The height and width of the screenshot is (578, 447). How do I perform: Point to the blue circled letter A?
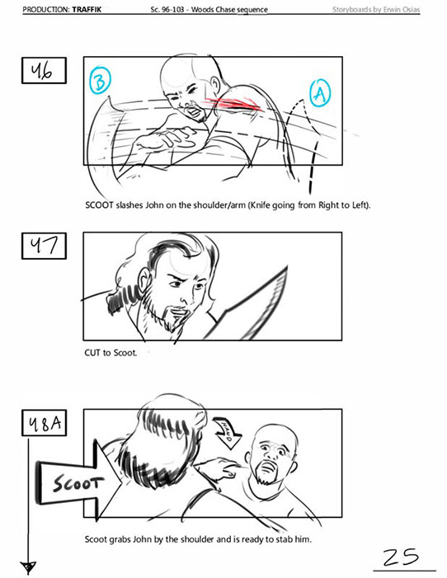pyautogui.click(x=320, y=93)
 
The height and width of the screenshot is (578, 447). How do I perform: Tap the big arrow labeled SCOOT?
pyautogui.click(x=79, y=482)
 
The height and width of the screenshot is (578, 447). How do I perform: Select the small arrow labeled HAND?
pyautogui.click(x=227, y=432)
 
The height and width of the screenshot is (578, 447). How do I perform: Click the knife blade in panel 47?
pyautogui.click(x=249, y=306)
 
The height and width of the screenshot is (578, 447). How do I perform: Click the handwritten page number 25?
pyautogui.click(x=401, y=557)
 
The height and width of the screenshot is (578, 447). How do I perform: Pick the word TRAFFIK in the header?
pyautogui.click(x=87, y=10)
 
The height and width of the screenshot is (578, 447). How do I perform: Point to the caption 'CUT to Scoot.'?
pyautogui.click(x=111, y=353)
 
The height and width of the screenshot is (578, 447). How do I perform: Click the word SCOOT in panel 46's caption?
pyautogui.click(x=99, y=205)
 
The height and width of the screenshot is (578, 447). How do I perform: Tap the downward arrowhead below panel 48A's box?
pyautogui.click(x=28, y=566)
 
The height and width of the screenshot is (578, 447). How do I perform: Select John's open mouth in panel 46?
pyautogui.click(x=194, y=111)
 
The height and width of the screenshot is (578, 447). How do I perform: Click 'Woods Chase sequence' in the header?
pyautogui.click(x=229, y=10)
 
